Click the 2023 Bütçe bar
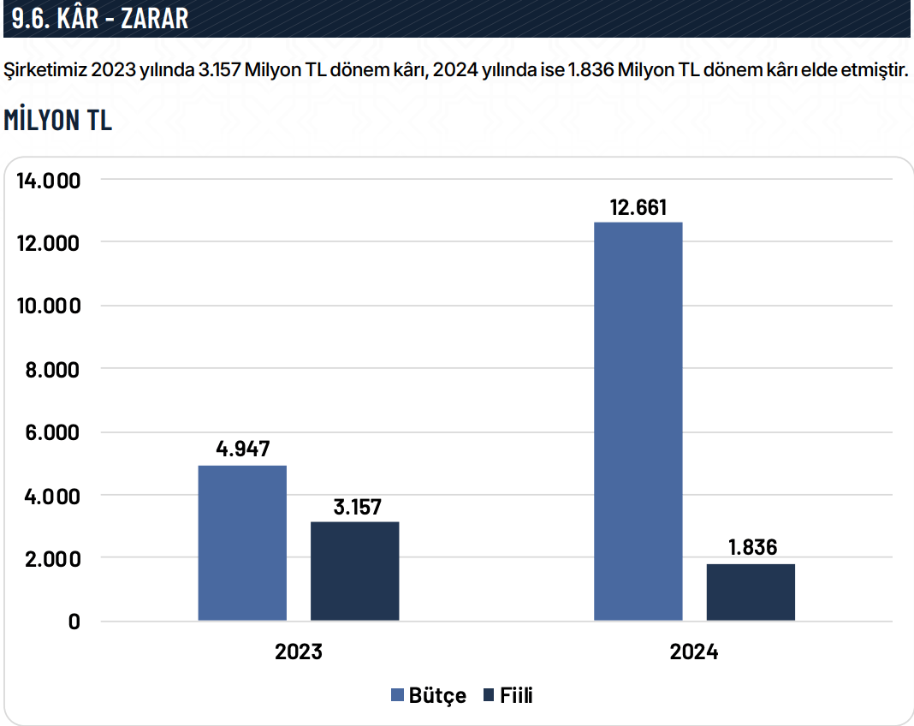click(242, 543)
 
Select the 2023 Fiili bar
click(354, 571)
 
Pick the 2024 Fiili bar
click(751, 592)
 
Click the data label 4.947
click(242, 449)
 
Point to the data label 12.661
click(638, 207)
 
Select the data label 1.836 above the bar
click(751, 547)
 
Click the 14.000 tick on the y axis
click(49, 181)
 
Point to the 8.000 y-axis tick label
click(53, 370)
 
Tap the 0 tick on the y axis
click(74, 622)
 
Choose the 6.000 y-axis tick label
click(53, 433)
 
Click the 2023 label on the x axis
click(299, 652)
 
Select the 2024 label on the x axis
click(694, 652)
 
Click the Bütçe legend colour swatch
click(397, 695)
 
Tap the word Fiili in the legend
click(517, 695)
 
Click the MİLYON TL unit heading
click(58, 121)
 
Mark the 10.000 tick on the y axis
click(49, 306)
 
